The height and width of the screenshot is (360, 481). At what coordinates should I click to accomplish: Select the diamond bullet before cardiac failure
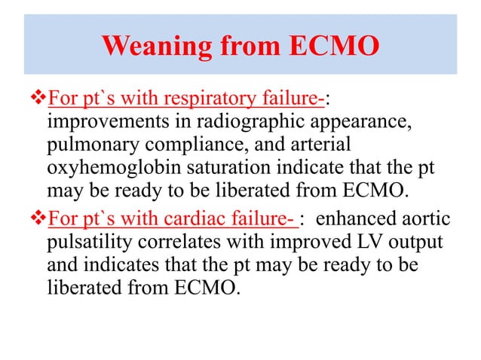[38, 219]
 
